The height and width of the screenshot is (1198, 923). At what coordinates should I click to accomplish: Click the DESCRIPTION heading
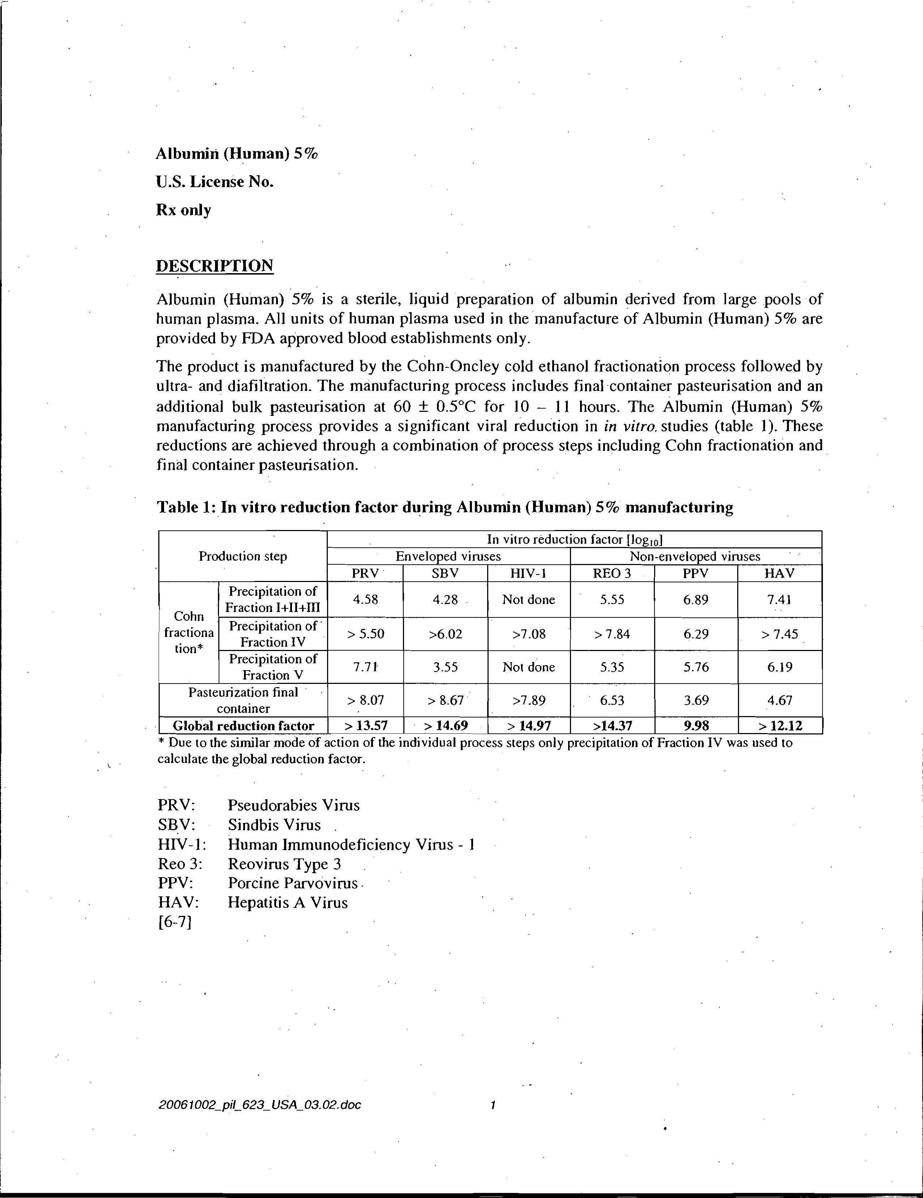tap(215, 266)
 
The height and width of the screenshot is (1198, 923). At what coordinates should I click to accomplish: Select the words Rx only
tap(183, 210)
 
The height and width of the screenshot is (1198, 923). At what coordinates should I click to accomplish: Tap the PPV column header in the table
tap(695, 573)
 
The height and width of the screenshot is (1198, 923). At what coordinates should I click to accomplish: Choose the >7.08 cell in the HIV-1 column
tap(528, 634)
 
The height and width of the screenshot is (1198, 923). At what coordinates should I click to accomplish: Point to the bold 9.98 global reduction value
tap(696, 726)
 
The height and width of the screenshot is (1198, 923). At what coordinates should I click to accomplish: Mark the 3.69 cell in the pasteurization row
tap(696, 701)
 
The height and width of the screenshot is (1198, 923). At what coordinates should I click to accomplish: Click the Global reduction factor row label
tap(243, 726)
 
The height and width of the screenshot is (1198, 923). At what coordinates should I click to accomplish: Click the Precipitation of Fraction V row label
tap(273, 667)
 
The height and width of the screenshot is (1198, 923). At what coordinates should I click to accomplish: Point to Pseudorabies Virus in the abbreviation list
tap(293, 805)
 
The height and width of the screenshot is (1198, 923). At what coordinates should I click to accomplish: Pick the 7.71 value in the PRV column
tap(365, 667)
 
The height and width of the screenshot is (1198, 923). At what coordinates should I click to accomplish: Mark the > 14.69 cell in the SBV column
tap(446, 726)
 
